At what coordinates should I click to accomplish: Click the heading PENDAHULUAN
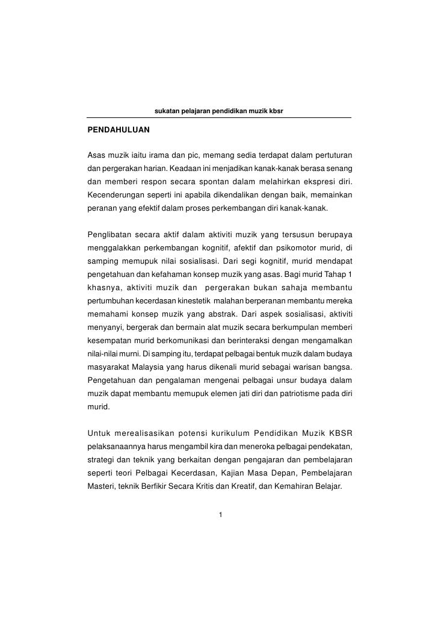click(119, 130)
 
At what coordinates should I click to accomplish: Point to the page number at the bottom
click(221, 514)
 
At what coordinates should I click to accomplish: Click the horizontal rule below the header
click(219, 118)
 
